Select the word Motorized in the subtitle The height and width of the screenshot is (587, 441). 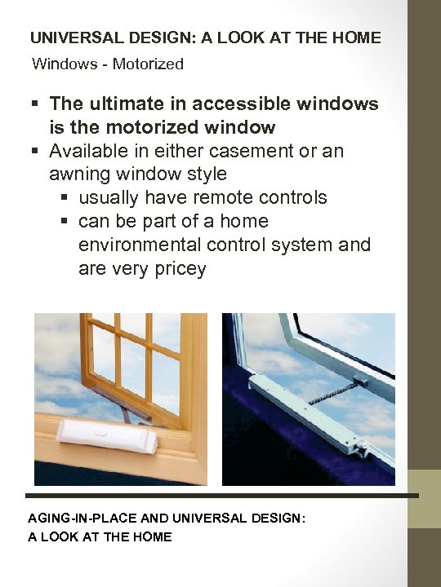point(148,64)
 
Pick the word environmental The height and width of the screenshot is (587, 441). point(151,245)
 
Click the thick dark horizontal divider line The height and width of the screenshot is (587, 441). point(220,495)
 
